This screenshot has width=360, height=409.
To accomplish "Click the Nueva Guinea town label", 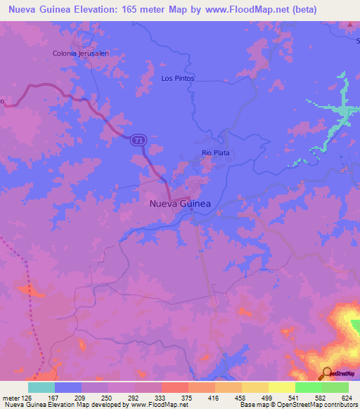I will click(x=180, y=204).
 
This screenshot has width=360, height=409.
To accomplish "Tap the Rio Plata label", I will click(x=216, y=152).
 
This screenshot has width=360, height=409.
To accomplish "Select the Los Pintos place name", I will click(x=177, y=79).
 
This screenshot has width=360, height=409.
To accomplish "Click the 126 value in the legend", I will click(x=27, y=398).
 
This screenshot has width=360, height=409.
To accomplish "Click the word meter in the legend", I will click(x=10, y=398).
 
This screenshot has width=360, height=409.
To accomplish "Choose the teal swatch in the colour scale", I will click(x=41, y=387).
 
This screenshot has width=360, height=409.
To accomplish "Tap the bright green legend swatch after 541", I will click(x=308, y=387).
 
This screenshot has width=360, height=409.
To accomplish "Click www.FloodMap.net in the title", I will click(x=227, y=10).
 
